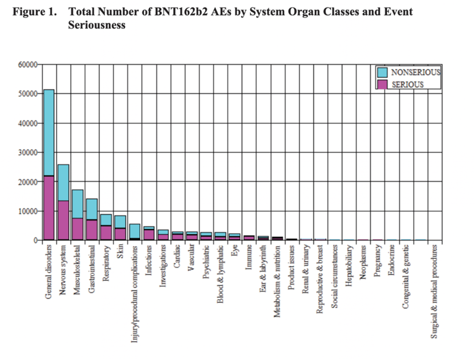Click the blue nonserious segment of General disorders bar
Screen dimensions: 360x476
point(49,132)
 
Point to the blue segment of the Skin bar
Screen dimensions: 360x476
point(120,222)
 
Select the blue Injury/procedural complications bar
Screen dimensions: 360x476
point(134,231)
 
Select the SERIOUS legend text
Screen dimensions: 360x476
point(407,85)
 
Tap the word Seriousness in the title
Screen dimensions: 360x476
point(96,25)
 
